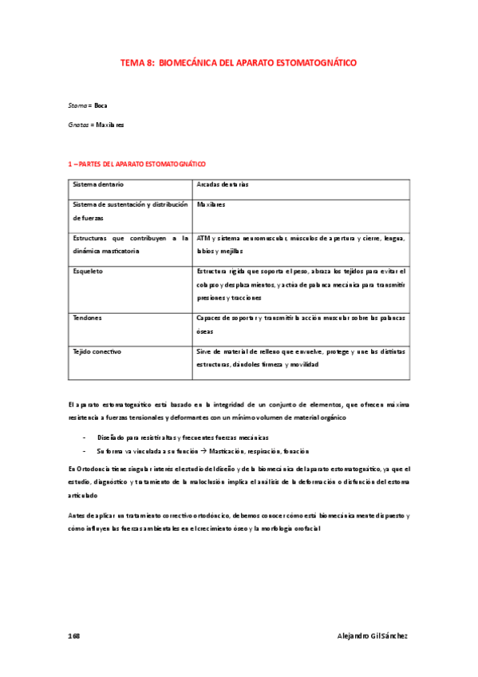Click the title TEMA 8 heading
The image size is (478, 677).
(x=239, y=61)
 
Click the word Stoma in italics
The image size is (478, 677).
(x=78, y=105)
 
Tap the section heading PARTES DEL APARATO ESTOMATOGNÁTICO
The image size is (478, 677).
(x=141, y=164)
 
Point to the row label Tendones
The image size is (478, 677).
(x=87, y=318)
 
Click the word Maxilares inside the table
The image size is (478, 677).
(x=211, y=204)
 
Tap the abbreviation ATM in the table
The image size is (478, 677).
(x=203, y=239)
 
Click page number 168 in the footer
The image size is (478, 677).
(x=74, y=635)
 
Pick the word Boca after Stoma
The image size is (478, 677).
(x=101, y=105)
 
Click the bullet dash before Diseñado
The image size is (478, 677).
(x=85, y=437)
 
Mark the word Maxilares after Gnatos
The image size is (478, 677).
(x=112, y=125)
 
